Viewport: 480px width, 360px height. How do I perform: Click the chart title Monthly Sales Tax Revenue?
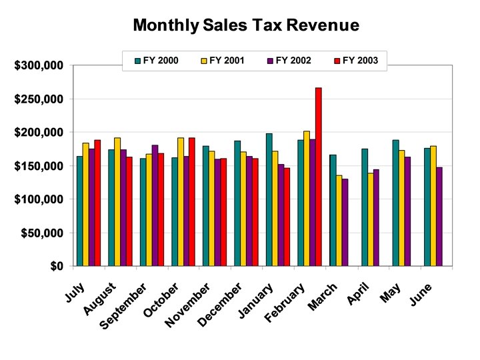pyautogui.click(x=246, y=26)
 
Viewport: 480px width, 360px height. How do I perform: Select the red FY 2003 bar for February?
pyautogui.click(x=319, y=177)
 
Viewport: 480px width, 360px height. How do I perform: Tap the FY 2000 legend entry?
pyautogui.click(x=163, y=61)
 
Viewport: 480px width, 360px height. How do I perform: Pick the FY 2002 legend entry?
pyautogui.click(x=289, y=61)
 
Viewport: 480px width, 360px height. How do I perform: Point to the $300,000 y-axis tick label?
pyautogui.click(x=39, y=65)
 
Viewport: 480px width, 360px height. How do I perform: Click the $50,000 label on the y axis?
pyautogui.click(x=41, y=233)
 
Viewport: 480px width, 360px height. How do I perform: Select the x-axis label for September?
pyautogui.click(x=123, y=306)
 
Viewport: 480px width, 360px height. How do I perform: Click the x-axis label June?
pyautogui.click(x=421, y=295)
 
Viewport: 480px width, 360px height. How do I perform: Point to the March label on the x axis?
pyautogui.click(x=323, y=297)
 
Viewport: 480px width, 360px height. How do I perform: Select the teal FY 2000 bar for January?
pyautogui.click(x=269, y=199)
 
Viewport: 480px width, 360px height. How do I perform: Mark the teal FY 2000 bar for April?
pyautogui.click(x=364, y=207)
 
